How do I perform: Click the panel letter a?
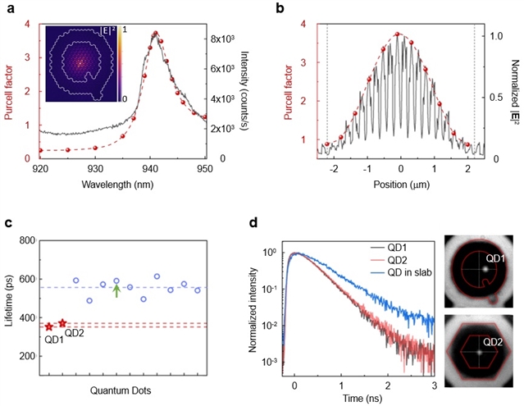coord(8,8)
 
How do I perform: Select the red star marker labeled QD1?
coord(49,326)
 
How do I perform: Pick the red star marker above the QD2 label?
coord(62,323)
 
